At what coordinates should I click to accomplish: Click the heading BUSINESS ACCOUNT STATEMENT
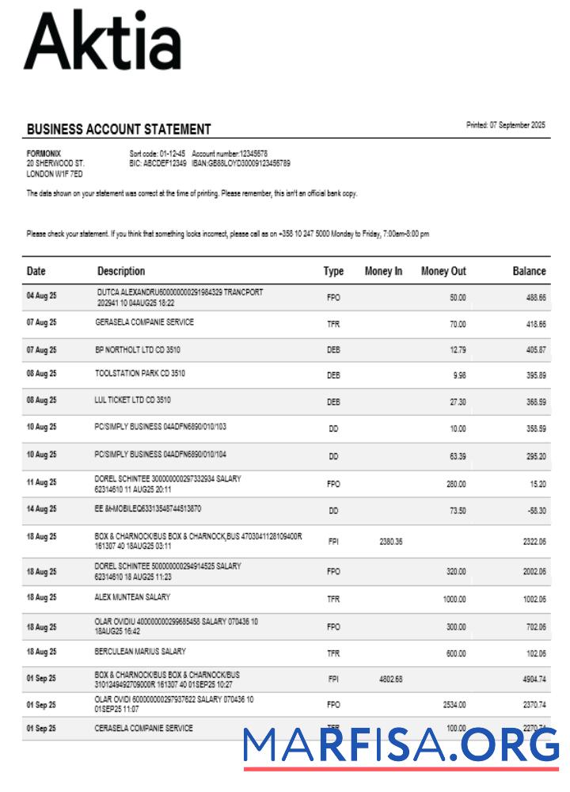pos(119,129)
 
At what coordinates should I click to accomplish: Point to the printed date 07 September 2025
pos(506,125)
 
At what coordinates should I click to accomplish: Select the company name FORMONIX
pos(44,153)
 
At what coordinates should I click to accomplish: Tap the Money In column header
pos(383,271)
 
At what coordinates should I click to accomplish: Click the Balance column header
pos(529,271)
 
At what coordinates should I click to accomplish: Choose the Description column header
pos(121,271)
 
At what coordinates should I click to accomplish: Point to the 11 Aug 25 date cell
pos(41,482)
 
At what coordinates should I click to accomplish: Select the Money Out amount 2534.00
pos(453,704)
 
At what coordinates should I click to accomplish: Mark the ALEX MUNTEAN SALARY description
pos(132,597)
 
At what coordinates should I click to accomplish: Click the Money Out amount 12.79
pos(457,349)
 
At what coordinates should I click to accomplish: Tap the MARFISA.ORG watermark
pos(401,746)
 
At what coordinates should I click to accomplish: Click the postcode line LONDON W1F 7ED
pos(55,173)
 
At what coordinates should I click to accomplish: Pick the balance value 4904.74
pos(532,679)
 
